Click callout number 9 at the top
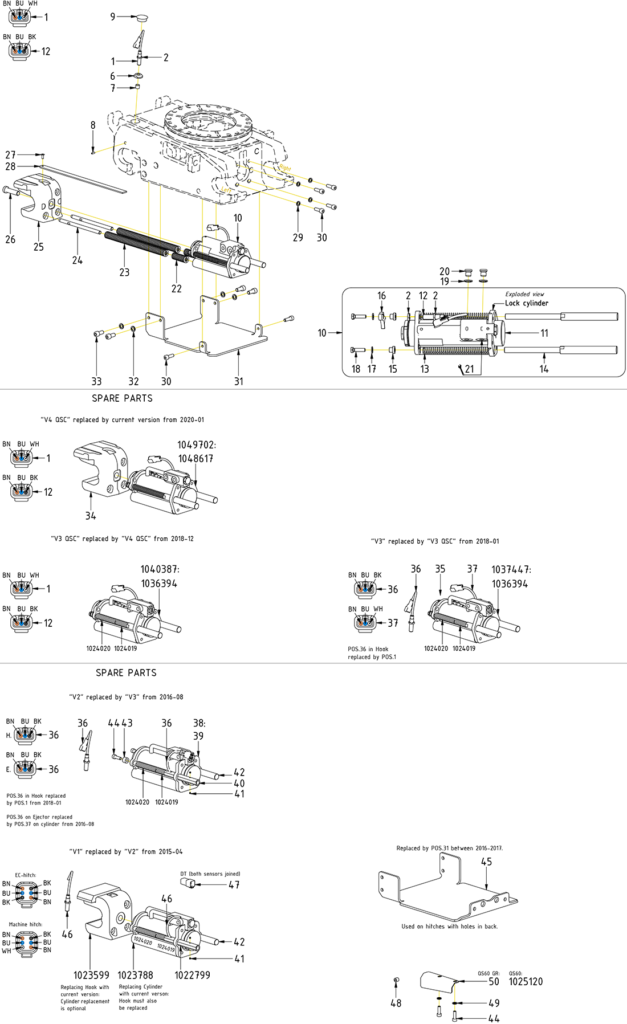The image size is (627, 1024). (x=113, y=17)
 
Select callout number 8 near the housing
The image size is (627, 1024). (x=93, y=125)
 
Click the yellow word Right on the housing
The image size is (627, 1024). (x=285, y=168)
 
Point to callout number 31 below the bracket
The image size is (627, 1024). (x=239, y=381)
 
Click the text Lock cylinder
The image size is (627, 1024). (x=526, y=303)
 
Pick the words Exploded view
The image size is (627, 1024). (x=524, y=294)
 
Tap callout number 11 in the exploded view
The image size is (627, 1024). (x=544, y=333)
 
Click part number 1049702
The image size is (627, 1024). (x=196, y=445)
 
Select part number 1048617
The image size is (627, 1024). (x=196, y=459)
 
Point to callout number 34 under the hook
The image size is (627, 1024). (x=91, y=516)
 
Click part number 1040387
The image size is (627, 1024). (x=160, y=569)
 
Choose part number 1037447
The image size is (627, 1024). (x=511, y=569)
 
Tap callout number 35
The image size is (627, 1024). (x=440, y=569)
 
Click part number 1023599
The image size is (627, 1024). (x=91, y=975)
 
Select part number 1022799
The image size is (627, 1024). (x=192, y=975)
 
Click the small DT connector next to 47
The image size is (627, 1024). (x=188, y=883)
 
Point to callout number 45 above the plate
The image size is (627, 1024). (x=486, y=862)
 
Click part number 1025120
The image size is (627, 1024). (x=526, y=981)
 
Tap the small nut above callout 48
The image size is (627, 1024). (x=396, y=980)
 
